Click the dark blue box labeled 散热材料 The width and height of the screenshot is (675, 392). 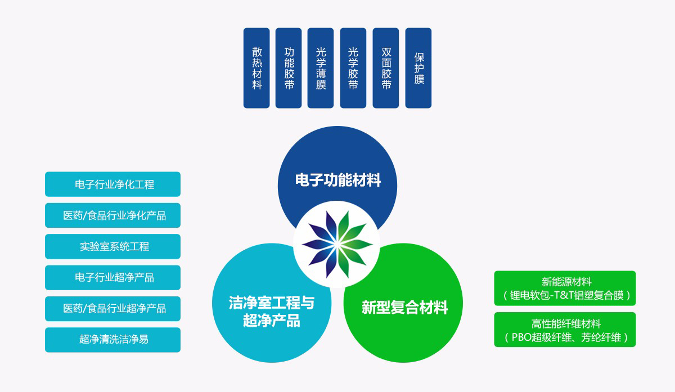tap(256, 68)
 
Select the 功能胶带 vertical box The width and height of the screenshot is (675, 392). tap(289, 68)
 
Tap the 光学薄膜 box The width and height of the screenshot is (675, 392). tap(321, 68)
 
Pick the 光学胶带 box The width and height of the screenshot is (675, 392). tap(353, 68)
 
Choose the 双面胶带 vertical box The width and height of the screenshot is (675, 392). tap(386, 68)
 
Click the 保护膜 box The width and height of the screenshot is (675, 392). tap(418, 68)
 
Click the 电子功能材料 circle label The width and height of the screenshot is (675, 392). tap(338, 181)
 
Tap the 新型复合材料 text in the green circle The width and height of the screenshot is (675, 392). tap(404, 308)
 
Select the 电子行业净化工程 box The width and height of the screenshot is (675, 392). tap(112, 184)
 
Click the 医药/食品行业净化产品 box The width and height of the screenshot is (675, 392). tap(112, 215)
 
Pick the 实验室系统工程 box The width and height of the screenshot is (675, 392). tap(112, 246)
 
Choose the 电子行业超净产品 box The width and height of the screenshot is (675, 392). tap(112, 277)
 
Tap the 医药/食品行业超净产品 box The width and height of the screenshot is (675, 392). tap(112, 309)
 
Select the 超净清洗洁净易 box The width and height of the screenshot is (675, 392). tap(112, 340)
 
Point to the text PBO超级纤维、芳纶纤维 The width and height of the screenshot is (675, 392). tap(565, 337)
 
